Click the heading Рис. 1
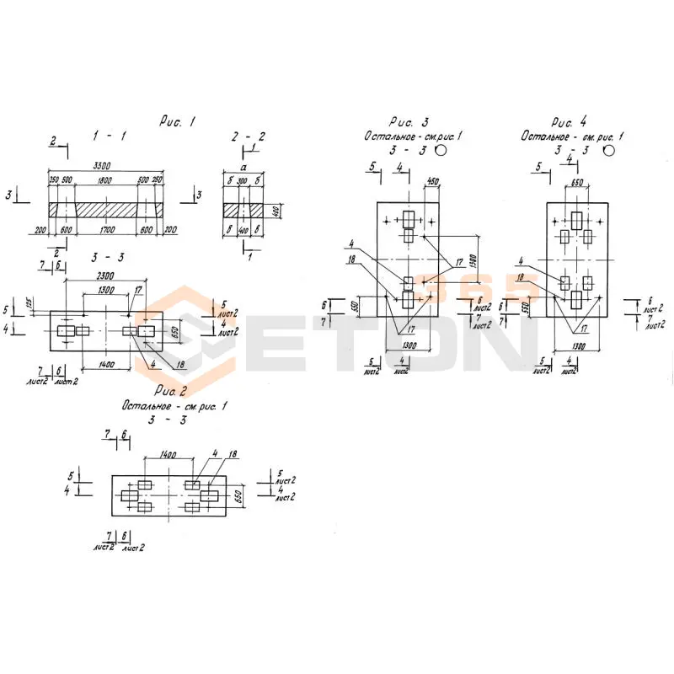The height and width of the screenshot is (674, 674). (x=177, y=122)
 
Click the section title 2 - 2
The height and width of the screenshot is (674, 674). (x=249, y=136)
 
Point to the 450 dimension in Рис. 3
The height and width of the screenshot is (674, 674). (x=433, y=183)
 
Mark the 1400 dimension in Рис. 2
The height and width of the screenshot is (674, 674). (x=168, y=454)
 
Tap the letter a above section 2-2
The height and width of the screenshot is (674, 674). (x=243, y=168)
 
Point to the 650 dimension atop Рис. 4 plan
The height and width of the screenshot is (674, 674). (x=578, y=183)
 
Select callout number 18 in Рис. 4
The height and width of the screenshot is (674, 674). (x=522, y=275)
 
